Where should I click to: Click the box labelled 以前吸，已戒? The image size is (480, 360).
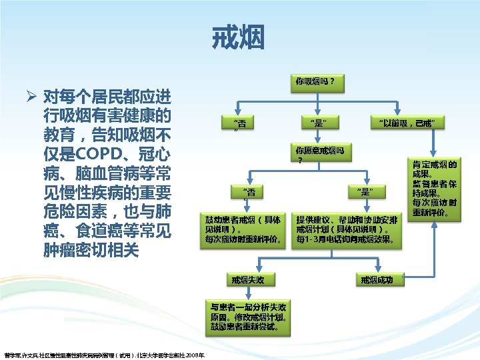[407, 123]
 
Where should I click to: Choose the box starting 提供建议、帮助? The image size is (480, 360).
[347, 229]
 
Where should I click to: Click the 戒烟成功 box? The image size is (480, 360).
[381, 279]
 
